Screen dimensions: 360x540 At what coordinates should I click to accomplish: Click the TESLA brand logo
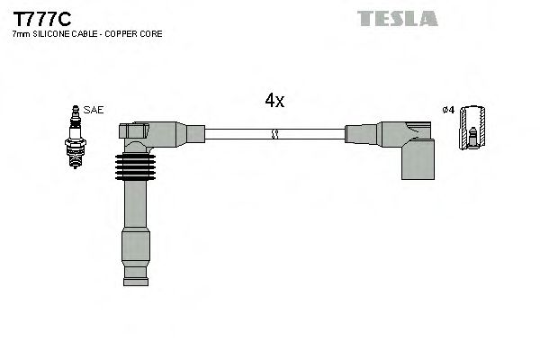tap(397, 18)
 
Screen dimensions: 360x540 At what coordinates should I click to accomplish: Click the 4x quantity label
tap(274, 102)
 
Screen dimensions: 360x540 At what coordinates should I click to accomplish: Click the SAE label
tap(94, 110)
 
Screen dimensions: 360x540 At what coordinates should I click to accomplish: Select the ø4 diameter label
tap(448, 110)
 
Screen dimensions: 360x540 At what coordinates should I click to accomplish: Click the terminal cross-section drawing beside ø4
tap(472, 130)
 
